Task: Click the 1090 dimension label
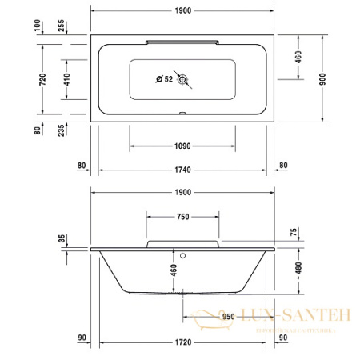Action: [x=182, y=146]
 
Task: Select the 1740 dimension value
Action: [x=182, y=170]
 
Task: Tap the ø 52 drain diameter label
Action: [x=164, y=78]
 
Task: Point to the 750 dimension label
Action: [x=182, y=217]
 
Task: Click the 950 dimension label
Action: [x=228, y=317]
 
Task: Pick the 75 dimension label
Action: [x=293, y=232]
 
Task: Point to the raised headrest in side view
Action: [x=182, y=242]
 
